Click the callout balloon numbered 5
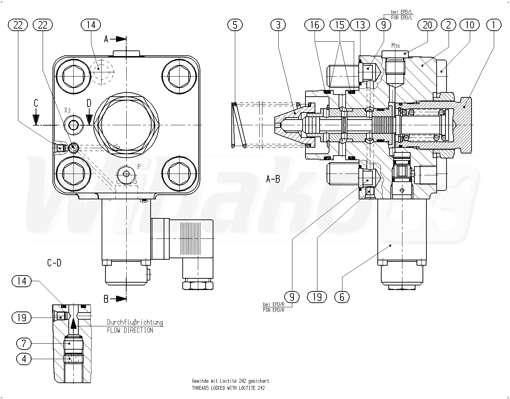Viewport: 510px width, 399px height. tap(235, 25)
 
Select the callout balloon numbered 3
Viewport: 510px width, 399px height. tap(278, 25)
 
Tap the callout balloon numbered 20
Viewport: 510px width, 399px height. tap(427, 25)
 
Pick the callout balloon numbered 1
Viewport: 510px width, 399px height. tap(493, 25)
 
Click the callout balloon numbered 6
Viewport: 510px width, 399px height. tap(342, 297)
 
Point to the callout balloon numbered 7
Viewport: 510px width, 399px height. tap(24, 343)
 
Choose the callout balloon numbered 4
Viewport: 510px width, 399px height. tap(24, 359)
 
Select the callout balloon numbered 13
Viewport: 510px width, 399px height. tap(360, 25)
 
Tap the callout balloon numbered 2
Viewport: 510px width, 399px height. tap(448, 25)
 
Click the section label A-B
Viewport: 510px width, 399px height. tap(273, 179)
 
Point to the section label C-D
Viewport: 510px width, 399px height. tap(54, 262)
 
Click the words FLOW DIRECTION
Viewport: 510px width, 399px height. tap(130, 330)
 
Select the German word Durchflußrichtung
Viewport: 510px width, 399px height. tap(135, 322)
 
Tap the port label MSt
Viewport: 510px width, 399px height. tap(396, 46)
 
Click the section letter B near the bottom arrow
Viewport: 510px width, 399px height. tap(106, 299)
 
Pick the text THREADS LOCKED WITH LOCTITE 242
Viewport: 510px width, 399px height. tap(228, 388)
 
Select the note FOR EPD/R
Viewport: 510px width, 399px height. tap(273, 310)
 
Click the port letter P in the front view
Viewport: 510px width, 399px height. tap(139, 166)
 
